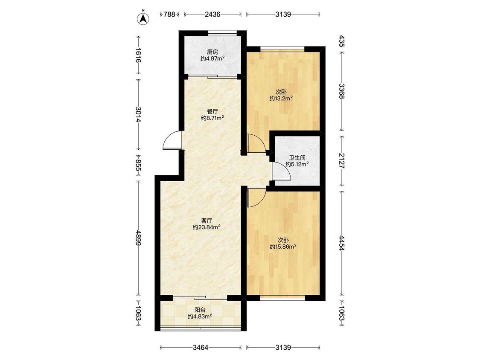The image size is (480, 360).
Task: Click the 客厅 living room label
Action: point(207,221)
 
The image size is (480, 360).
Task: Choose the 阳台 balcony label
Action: point(200,310)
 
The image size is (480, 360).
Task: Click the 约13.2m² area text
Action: point(281,98)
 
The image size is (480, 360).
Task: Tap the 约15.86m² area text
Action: point(283,247)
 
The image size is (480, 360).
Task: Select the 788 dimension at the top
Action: point(169,14)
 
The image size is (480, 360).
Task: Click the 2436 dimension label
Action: point(213,14)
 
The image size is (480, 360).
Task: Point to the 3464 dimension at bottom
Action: point(201,348)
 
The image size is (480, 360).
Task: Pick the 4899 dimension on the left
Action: point(139,238)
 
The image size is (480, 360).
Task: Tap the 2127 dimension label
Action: point(342,161)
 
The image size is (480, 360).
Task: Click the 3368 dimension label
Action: point(342,91)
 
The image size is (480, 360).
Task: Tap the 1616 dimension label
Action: point(139,55)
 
